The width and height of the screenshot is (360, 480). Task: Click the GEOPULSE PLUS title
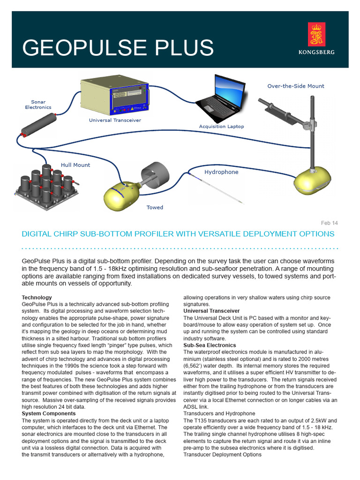(x=118, y=48)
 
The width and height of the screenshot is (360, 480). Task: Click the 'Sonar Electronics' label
(x=38, y=104)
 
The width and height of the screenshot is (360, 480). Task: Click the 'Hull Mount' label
(x=75, y=165)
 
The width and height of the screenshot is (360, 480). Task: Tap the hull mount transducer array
(x=46, y=183)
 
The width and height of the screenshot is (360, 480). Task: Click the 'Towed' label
(x=155, y=207)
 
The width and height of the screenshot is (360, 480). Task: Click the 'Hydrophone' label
(x=221, y=172)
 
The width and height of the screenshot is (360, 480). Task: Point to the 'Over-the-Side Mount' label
(x=295, y=86)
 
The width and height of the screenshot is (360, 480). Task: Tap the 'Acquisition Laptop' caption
(x=221, y=127)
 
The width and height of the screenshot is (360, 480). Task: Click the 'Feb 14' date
(x=329, y=223)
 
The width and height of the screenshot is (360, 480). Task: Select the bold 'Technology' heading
(x=37, y=297)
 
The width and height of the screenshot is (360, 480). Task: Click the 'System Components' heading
(x=49, y=413)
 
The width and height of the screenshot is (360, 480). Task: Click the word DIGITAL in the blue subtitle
(x=39, y=233)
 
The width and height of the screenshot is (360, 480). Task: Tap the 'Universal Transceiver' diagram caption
(x=115, y=120)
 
